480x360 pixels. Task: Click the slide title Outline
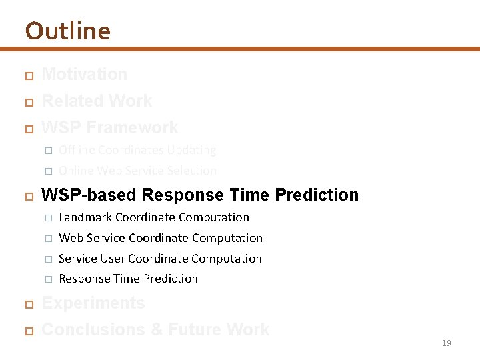pyautogui.click(x=67, y=31)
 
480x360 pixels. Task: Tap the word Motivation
pyautogui.click(x=84, y=74)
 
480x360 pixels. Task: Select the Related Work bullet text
pyautogui.click(x=97, y=101)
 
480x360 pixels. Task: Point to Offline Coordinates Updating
pyautogui.click(x=137, y=150)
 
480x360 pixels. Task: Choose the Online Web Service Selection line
pyautogui.click(x=137, y=171)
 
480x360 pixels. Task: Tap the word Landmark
pyautogui.click(x=85, y=217)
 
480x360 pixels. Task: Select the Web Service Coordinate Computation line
pyautogui.click(x=161, y=238)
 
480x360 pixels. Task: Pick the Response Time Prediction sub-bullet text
pyautogui.click(x=128, y=279)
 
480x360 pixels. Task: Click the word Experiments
pyautogui.click(x=93, y=303)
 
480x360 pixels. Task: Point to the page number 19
pyautogui.click(x=446, y=343)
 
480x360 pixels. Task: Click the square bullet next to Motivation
pyautogui.click(x=28, y=75)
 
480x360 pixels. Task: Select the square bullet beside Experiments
pyautogui.click(x=28, y=304)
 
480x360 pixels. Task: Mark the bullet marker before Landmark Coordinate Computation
pyautogui.click(x=48, y=218)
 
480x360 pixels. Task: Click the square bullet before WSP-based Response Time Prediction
pyautogui.click(x=28, y=196)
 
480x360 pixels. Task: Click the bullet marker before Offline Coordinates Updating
pyautogui.click(x=48, y=151)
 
